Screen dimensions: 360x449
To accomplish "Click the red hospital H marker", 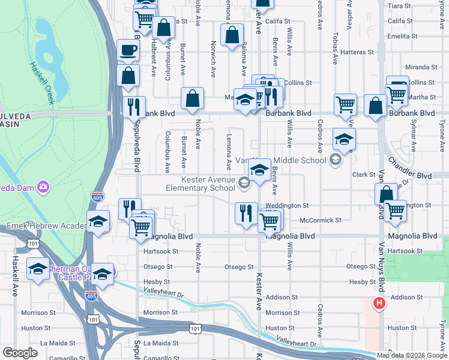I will [379, 304].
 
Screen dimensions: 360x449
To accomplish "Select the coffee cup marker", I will [127, 50].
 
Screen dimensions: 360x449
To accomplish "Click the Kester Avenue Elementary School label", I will [209, 184].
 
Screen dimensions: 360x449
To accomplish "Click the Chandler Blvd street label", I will [409, 169].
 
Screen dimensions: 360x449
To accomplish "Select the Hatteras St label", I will [357, 52].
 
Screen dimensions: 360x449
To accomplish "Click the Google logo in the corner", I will [20, 353].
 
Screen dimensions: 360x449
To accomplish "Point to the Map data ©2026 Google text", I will [412, 355].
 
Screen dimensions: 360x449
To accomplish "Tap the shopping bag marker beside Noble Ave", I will [192, 98].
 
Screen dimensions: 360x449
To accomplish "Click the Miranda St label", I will [420, 67].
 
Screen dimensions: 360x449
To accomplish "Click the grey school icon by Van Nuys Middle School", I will [335, 160].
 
